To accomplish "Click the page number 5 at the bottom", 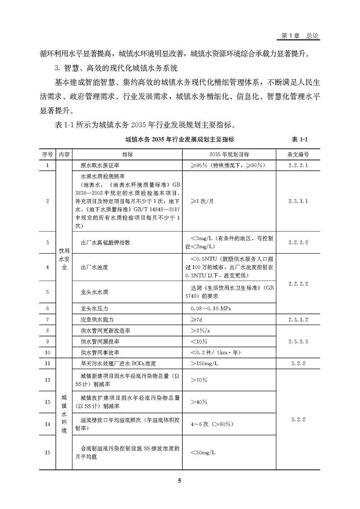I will tap(179, 481).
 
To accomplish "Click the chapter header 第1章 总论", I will tap(300, 36).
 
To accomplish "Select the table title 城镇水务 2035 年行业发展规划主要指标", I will tap(180, 140).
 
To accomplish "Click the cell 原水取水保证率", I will tap(100, 165).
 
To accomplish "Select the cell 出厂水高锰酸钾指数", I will tap(105, 242).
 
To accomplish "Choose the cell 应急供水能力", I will tap(97, 320).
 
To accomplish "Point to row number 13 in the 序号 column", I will tap(48, 402).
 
